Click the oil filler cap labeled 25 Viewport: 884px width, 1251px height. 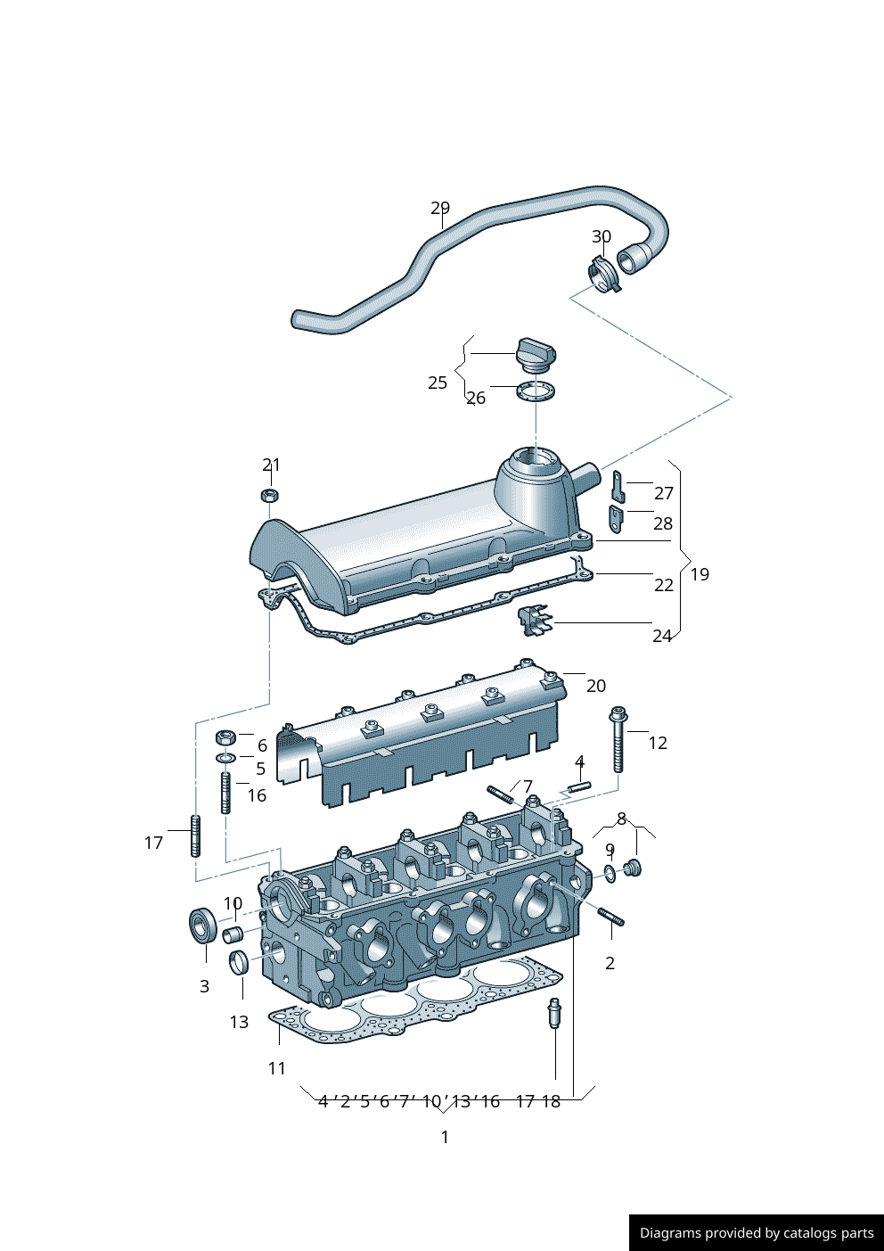pos(536,354)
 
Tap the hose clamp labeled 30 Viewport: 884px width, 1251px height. pos(602,273)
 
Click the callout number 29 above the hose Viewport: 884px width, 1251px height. pos(440,208)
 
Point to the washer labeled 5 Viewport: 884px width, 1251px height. pos(226,758)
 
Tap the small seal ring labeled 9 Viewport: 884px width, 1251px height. pos(610,873)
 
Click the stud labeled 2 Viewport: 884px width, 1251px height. pos(610,917)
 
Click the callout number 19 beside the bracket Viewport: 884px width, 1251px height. pos(700,574)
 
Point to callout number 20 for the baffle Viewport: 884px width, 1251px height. pos(596,686)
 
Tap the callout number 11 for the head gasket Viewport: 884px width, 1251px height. pos(277,1067)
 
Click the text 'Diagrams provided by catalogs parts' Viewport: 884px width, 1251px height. pos(757,1233)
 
